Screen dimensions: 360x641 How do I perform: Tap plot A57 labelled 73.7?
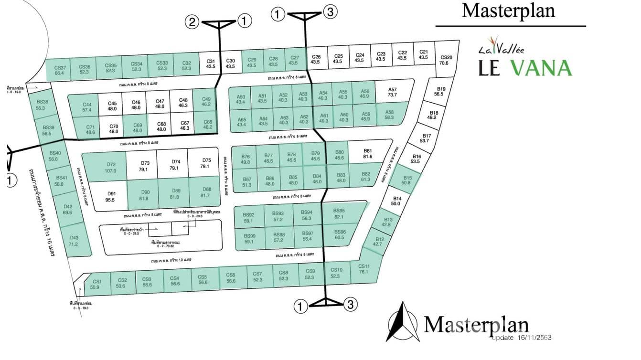[392, 92]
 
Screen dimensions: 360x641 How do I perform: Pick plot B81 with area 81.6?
[367, 153]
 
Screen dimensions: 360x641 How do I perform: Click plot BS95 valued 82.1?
[339, 213]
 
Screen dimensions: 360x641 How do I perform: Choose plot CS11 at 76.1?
[363, 269]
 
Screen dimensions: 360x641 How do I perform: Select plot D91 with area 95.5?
[110, 197]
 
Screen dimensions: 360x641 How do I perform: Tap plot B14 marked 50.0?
[395, 201]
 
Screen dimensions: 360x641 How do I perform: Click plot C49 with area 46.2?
[206, 101]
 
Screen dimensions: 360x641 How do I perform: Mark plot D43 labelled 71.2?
[73, 241]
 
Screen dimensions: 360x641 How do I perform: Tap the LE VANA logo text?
[525, 67]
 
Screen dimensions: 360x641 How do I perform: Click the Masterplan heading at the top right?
[508, 11]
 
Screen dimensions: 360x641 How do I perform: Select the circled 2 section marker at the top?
[192, 21]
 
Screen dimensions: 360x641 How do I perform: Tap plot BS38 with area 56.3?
[42, 105]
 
